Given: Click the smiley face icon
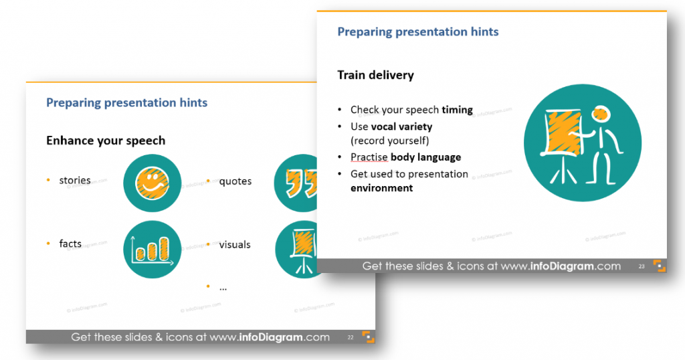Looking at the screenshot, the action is (152, 183).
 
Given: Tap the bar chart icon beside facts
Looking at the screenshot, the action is (152, 250).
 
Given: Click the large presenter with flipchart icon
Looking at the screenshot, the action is (583, 143).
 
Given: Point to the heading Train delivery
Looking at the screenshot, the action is (375, 75).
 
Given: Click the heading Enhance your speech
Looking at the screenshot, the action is (106, 141).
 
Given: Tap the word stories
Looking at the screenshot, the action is (75, 181).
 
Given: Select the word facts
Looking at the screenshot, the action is (70, 244).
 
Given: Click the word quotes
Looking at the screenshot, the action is (235, 181).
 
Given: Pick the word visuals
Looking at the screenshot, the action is (235, 245).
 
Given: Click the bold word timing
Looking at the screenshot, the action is (457, 110).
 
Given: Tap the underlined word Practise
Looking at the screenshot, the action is (369, 157).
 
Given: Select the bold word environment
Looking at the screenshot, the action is (381, 188).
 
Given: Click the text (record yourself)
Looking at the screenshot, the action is (390, 141).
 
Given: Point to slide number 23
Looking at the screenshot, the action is (642, 266).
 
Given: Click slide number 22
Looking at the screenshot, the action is (351, 337).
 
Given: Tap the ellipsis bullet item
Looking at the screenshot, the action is (223, 288).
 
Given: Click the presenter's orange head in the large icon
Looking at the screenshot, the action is (601, 114).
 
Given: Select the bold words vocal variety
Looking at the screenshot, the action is (401, 126).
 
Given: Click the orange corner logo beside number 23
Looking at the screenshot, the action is (659, 266).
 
